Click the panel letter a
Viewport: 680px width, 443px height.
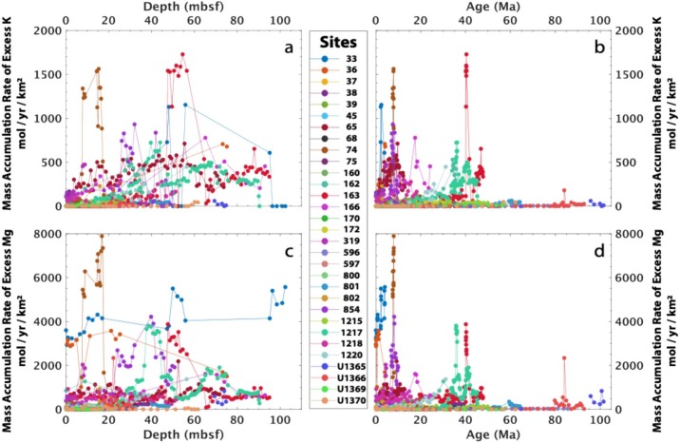tap(284, 45)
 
